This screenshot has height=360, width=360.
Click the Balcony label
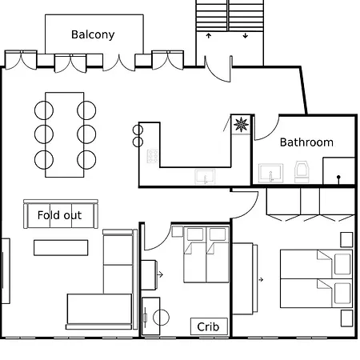[93, 34]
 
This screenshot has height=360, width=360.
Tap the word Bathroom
[306, 142]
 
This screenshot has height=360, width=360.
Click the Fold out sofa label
[59, 215]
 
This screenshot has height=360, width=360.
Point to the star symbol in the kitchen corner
[240, 124]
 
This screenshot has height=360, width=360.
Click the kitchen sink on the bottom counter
[206, 177]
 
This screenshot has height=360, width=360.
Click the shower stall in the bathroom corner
[338, 170]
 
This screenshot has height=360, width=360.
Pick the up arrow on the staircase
[210, 36]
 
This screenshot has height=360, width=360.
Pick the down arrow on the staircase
[245, 36]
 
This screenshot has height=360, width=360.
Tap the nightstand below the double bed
[346, 318]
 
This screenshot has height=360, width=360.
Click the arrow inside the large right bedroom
[262, 279]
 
